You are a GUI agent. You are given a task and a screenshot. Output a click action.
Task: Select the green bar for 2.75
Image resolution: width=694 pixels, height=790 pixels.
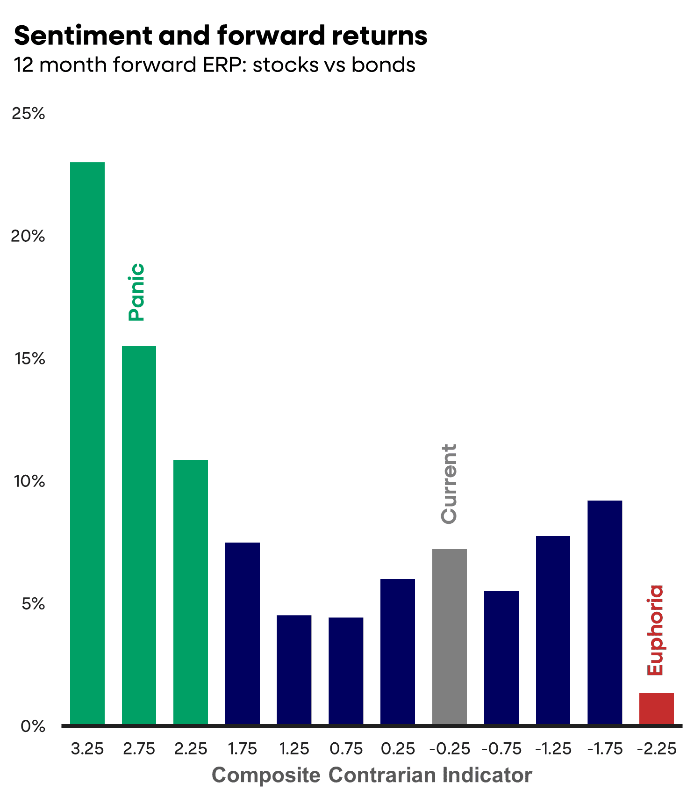(x=139, y=535)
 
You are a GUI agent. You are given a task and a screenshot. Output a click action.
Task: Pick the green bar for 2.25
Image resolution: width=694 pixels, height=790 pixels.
(x=191, y=592)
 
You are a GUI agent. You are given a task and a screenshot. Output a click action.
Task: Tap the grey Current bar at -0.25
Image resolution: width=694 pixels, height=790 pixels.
(x=449, y=637)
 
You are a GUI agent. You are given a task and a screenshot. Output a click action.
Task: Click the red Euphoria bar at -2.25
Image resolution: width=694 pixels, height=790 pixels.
(x=656, y=709)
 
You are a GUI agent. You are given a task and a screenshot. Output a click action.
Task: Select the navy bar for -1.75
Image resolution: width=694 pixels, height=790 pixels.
(x=605, y=612)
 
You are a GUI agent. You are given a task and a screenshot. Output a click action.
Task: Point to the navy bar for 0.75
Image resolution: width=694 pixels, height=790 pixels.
(x=346, y=671)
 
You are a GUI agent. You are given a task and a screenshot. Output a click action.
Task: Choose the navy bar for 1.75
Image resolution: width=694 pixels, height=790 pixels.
(x=243, y=633)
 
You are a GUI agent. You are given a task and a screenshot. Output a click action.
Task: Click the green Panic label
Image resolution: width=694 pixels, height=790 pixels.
(x=137, y=292)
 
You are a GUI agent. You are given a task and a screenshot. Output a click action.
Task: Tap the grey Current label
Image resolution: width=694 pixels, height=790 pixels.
(x=449, y=484)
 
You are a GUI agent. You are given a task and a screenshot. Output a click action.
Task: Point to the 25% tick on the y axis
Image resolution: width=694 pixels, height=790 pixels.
(x=28, y=114)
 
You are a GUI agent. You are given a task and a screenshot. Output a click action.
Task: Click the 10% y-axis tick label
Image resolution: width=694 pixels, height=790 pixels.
(x=29, y=481)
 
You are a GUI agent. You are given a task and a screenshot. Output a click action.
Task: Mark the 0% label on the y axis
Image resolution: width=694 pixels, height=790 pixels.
(x=33, y=726)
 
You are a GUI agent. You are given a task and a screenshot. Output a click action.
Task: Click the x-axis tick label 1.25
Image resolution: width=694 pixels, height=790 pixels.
(x=294, y=749)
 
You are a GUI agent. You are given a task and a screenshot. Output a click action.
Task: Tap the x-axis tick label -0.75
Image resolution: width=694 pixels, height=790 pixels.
(x=501, y=749)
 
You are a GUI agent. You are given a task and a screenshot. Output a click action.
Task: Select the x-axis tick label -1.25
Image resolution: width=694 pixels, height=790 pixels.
(x=553, y=749)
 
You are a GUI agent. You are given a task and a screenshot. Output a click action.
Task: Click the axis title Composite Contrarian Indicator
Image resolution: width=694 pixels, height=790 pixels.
(x=372, y=775)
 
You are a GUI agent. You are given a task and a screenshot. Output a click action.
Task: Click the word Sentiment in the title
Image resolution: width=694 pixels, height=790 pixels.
(x=83, y=36)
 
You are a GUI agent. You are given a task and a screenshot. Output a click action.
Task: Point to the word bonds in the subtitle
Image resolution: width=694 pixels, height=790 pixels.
(x=383, y=65)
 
